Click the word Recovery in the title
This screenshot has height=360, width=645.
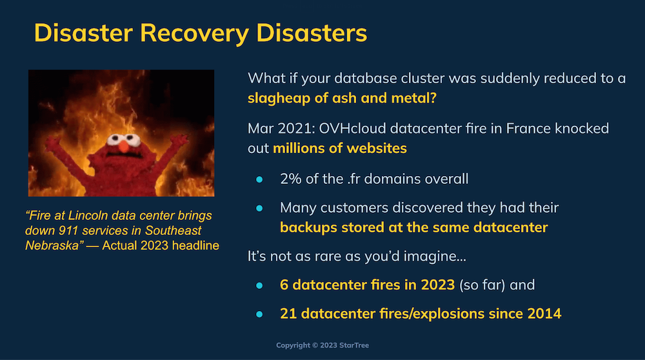coord(194,34)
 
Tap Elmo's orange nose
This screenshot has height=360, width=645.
coord(124,146)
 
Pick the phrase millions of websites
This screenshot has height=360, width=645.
coord(340,148)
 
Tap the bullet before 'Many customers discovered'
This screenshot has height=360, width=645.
coord(259,208)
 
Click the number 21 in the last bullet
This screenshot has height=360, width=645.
coord(288,314)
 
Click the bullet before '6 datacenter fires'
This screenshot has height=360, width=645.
coord(259,286)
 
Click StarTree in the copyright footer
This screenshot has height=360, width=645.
coord(354,345)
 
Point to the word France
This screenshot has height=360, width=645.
coord(528,128)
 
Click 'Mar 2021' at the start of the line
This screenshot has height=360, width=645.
coord(281,128)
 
